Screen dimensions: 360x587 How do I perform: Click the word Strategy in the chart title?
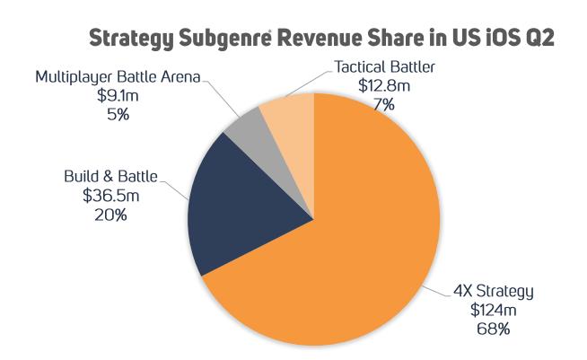point(131,39)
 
